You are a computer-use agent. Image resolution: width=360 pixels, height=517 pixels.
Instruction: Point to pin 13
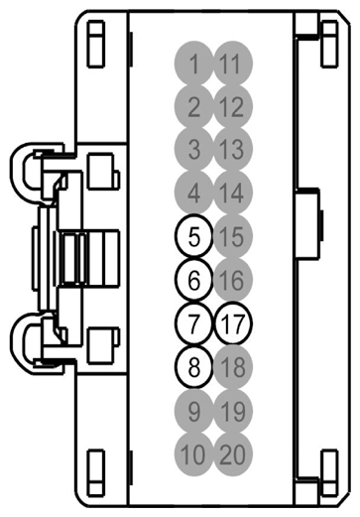point(232,150)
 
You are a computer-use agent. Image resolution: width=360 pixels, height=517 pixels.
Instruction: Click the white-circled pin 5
point(193,236)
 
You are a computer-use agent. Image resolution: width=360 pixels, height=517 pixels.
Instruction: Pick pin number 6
point(193,279)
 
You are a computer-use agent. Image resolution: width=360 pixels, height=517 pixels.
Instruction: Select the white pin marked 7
point(193,323)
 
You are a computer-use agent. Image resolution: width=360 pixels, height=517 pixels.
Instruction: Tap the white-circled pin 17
point(233,323)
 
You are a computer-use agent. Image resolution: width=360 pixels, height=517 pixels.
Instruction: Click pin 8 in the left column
point(193,366)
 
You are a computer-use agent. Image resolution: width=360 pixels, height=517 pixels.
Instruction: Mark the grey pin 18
point(233,366)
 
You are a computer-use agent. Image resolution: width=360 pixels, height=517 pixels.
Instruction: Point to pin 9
point(193,409)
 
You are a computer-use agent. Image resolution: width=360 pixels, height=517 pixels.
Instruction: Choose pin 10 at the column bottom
point(193,453)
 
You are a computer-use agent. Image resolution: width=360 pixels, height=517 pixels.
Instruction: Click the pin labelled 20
point(233,453)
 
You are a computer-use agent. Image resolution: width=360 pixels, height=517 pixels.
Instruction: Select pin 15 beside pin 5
point(233,236)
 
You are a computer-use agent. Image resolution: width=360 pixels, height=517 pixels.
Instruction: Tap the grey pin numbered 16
point(233,279)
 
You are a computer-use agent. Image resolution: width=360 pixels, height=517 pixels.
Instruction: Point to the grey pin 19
point(233,409)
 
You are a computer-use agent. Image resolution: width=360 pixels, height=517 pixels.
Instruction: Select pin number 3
point(193,150)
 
